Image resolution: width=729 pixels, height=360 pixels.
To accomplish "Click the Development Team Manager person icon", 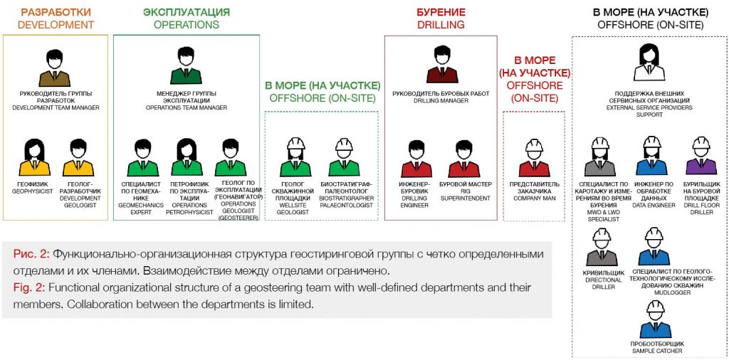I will click(x=56, y=68).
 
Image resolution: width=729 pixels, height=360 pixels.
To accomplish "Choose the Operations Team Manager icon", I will click(x=186, y=68).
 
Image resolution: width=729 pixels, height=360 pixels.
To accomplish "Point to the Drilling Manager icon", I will click(x=440, y=65).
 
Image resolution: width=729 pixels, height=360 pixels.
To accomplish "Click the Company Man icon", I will click(x=533, y=158).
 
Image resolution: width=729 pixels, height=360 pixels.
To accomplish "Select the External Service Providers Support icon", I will click(x=649, y=63).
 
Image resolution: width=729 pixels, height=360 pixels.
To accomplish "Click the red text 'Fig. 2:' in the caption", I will click(x=28, y=287).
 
